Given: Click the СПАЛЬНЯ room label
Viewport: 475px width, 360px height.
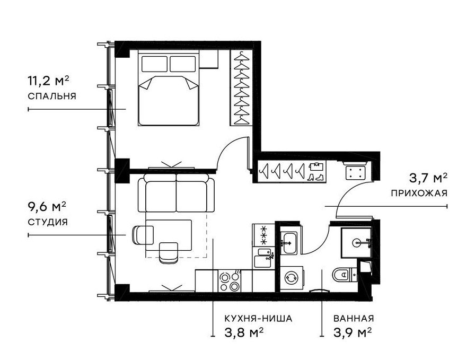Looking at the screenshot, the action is tap(52, 96).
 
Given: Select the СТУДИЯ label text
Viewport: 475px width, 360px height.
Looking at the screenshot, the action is tap(48, 223).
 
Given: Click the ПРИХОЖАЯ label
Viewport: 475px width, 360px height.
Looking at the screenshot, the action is tap(419, 194).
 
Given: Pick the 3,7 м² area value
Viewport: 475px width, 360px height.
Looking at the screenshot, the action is tap(428, 178).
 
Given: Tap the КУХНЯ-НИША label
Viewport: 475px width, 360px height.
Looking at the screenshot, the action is tap(258, 319).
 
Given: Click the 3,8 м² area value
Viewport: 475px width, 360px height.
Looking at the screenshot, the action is tap(243, 333).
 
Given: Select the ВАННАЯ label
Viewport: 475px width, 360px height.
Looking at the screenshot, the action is tap(354, 319).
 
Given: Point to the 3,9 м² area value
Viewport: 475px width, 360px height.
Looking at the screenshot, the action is tap(353, 333).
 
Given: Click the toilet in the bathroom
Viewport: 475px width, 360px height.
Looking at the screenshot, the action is tap(345, 275).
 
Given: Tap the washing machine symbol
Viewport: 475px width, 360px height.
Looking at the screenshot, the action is tap(292, 278).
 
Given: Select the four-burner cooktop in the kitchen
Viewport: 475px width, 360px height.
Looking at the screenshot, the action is tap(230, 281).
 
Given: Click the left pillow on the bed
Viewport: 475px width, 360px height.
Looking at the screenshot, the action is tap(154, 64).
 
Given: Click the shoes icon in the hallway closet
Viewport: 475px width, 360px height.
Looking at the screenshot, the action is tap(315, 177).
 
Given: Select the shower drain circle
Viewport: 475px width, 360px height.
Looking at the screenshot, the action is tap(357, 242).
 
